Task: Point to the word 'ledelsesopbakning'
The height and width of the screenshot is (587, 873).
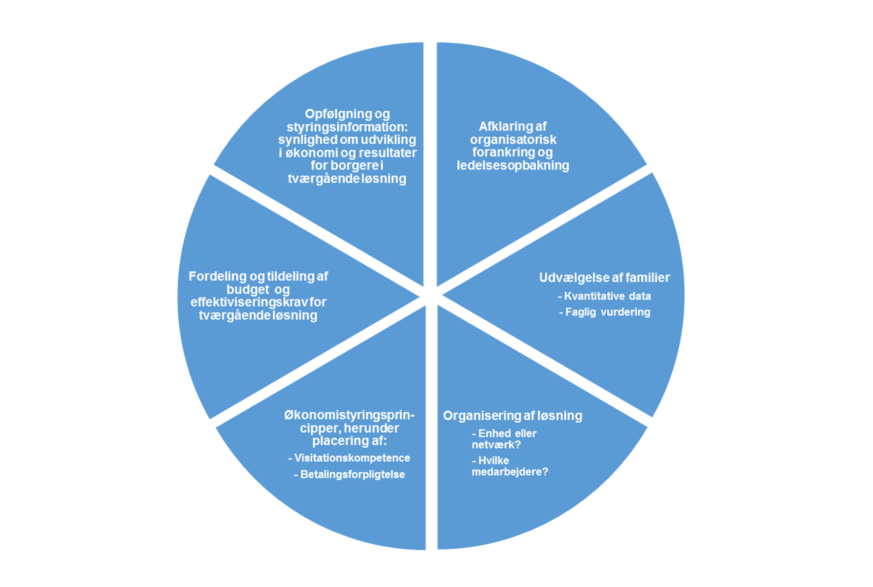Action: click(x=513, y=166)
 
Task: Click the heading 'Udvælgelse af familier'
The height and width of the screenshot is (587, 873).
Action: click(x=604, y=278)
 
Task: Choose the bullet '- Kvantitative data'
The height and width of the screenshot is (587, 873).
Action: click(x=604, y=296)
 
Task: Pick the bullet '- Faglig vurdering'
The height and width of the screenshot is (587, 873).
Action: click(x=604, y=312)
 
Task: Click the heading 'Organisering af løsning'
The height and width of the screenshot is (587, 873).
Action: click(x=513, y=416)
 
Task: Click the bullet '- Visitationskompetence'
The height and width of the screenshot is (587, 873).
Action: click(x=350, y=458)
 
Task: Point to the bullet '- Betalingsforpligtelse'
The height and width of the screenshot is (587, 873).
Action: click(x=349, y=474)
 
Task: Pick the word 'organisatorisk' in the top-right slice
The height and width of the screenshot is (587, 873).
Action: click(x=513, y=140)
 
